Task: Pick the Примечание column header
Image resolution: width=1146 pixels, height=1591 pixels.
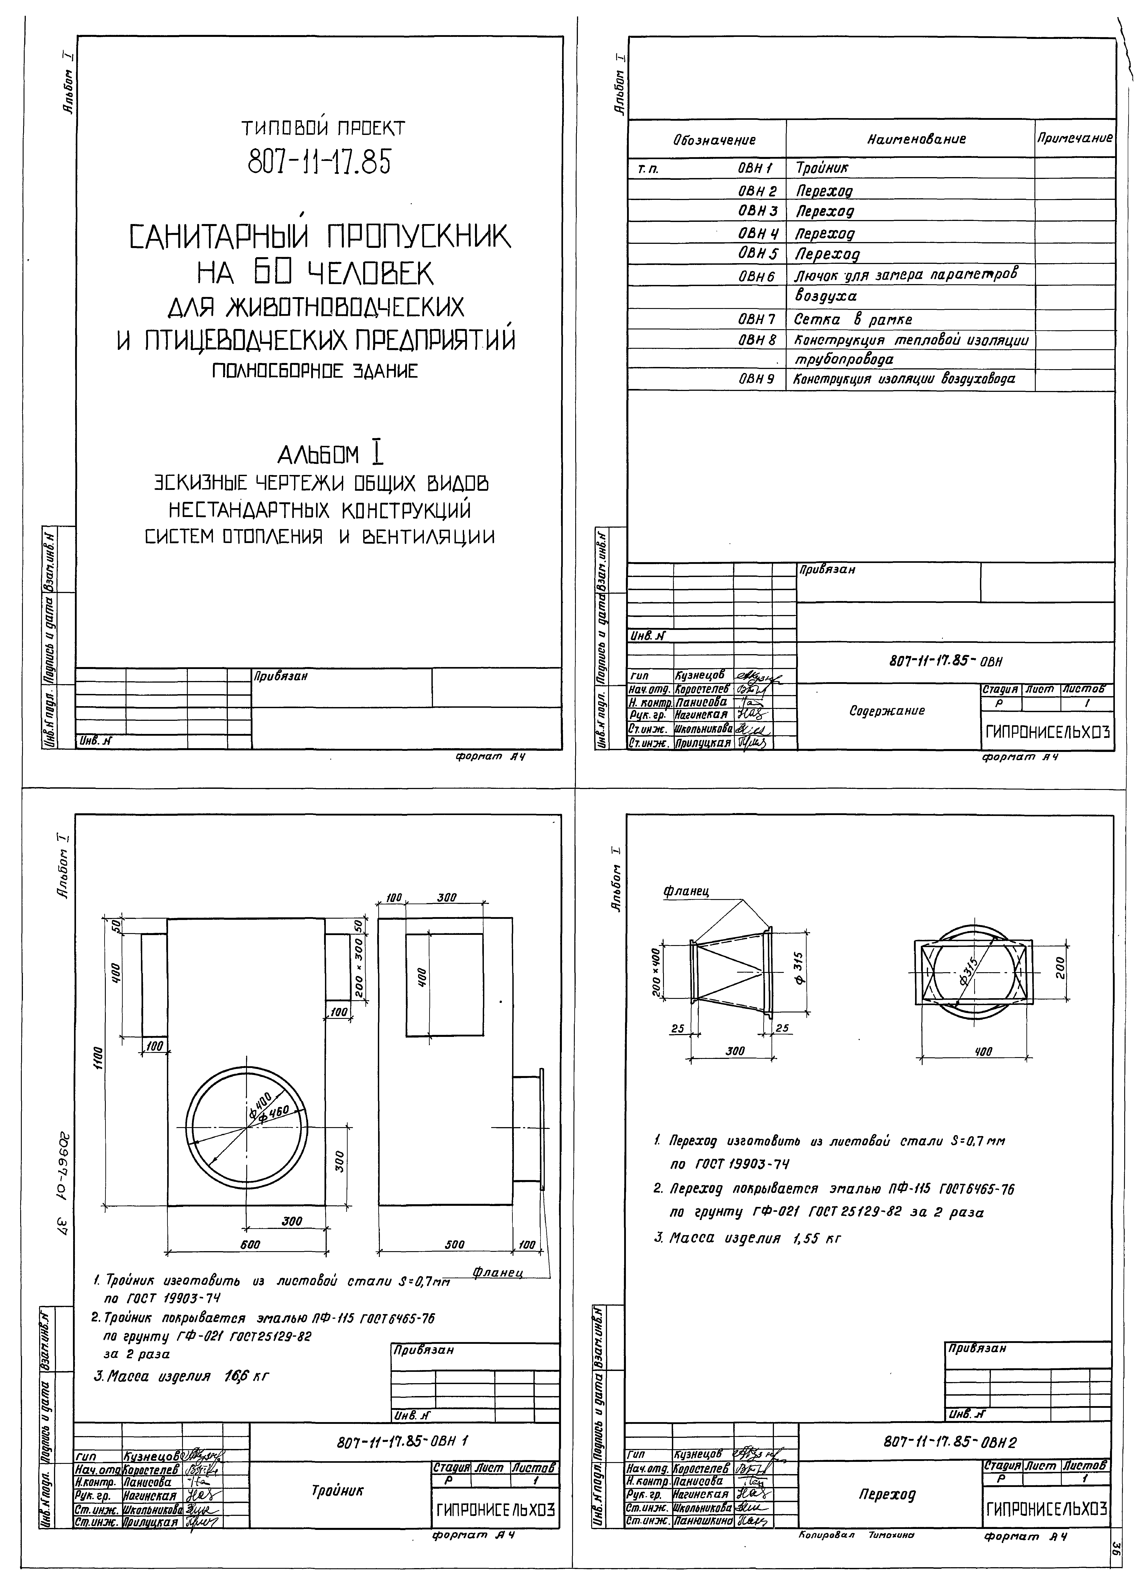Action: coord(1074,138)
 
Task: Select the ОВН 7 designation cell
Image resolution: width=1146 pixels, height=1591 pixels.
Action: coord(756,319)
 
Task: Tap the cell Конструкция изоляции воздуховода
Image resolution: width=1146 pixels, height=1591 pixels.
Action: coord(903,379)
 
